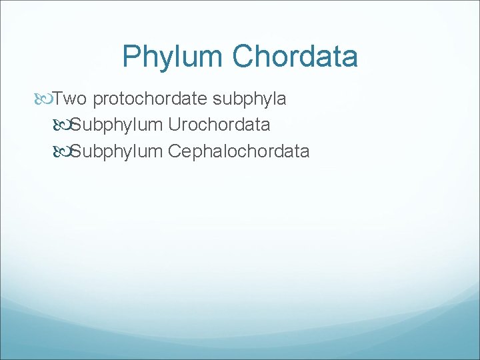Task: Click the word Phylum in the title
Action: [173, 57]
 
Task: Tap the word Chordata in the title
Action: [295, 57]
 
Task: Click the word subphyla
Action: [250, 100]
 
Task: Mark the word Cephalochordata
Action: [239, 151]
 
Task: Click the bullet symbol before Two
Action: [45, 100]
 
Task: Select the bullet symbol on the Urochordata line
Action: [63, 125]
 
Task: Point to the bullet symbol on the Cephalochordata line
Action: [63, 151]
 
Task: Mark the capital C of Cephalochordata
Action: [175, 151]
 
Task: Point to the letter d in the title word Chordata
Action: [310, 57]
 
